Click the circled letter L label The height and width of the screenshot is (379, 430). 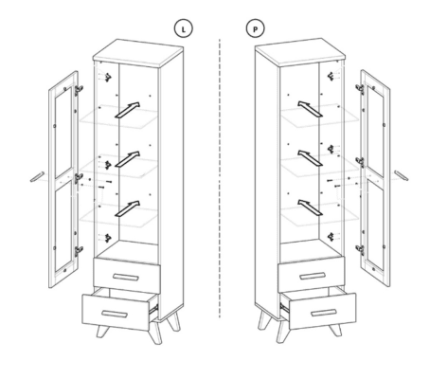184,28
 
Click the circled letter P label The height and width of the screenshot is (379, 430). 256,28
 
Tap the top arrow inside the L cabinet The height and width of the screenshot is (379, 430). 127,110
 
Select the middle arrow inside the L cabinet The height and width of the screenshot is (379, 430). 127,159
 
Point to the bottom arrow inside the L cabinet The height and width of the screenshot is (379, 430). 127,208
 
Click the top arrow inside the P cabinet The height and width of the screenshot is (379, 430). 310,109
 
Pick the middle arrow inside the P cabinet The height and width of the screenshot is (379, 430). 310,158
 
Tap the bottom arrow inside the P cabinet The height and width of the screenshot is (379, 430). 310,208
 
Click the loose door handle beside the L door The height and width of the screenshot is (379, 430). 37,177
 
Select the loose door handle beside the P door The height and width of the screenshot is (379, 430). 401,175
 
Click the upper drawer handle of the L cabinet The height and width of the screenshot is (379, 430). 126,277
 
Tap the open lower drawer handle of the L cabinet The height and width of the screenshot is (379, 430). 115,314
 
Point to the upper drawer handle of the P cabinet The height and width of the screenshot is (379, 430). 313,276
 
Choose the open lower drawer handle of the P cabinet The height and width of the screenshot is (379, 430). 324,313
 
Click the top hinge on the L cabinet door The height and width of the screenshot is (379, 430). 79,90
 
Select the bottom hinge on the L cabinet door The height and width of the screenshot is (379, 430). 79,251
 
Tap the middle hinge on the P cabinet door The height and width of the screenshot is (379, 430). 360,162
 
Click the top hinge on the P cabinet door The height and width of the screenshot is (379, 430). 360,89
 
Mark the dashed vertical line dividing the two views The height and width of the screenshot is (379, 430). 220,178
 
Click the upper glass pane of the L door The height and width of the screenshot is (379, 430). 63,132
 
